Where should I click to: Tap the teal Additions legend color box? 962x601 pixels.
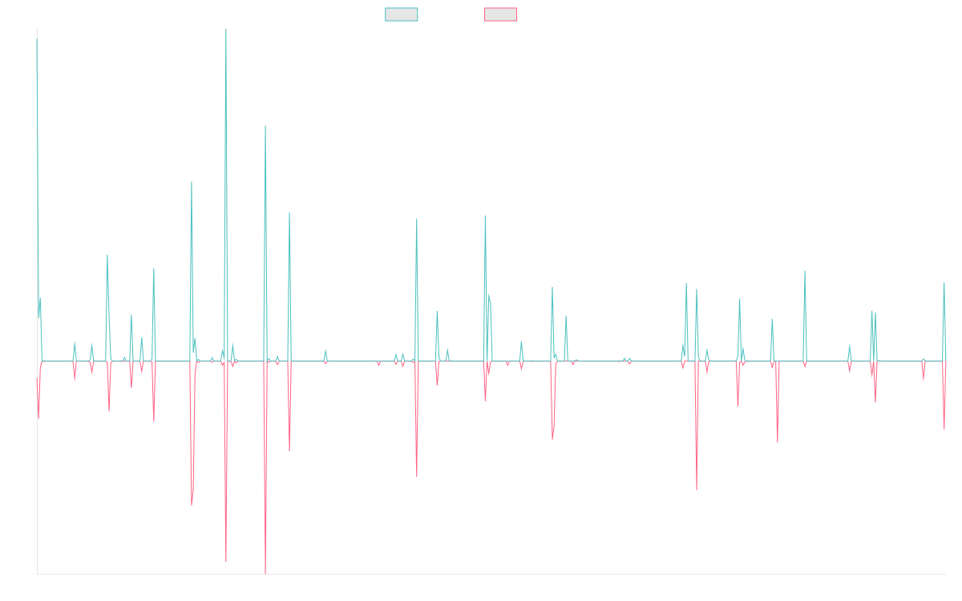[x=402, y=14]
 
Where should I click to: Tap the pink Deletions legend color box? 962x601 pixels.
[x=501, y=14]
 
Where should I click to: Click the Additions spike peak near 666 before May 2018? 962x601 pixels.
[x=265, y=127]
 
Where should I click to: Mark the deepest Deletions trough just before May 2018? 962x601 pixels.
[x=265, y=572]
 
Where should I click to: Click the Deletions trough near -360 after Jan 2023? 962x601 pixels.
[x=697, y=489]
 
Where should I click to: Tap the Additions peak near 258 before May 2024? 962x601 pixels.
[x=805, y=271]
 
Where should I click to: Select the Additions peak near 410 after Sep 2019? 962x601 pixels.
[x=417, y=218]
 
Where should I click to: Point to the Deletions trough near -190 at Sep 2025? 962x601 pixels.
[x=945, y=428]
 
